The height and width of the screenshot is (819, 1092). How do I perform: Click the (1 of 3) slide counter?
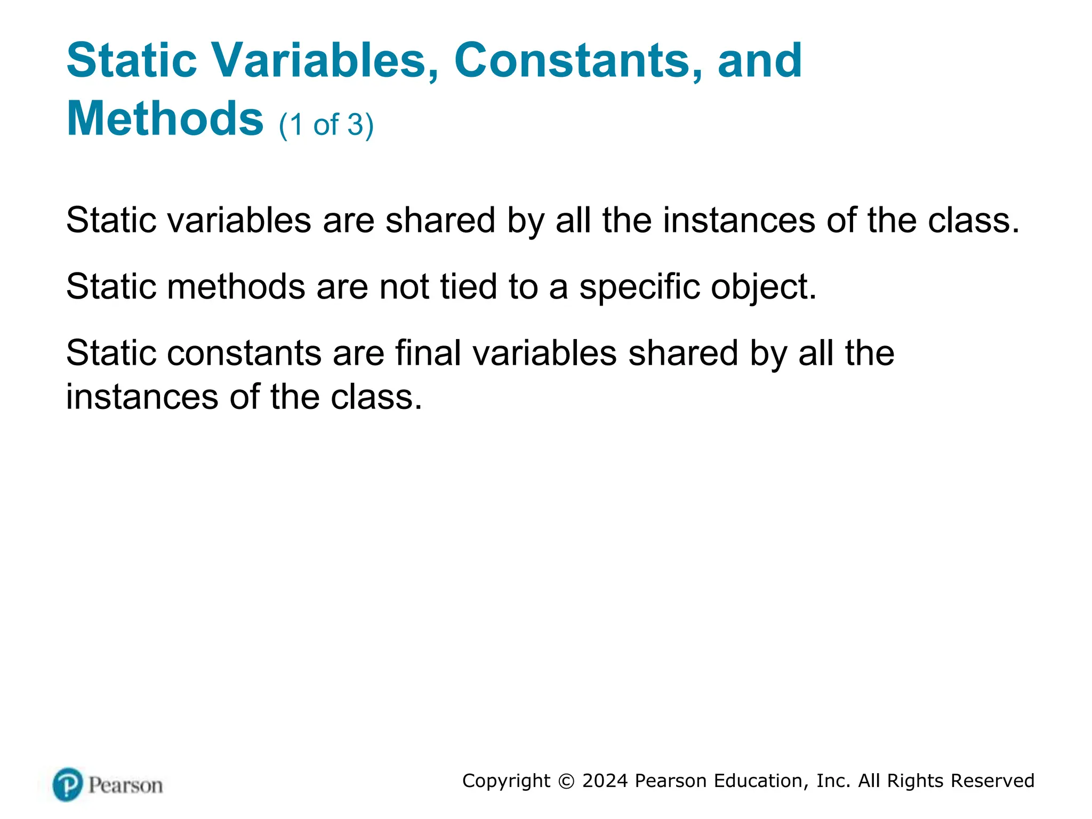(x=326, y=125)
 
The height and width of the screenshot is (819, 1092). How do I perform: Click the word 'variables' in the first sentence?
(x=239, y=220)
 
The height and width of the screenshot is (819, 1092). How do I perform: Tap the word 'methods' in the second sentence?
(x=236, y=286)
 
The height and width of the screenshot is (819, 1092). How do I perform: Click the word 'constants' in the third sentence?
(x=244, y=353)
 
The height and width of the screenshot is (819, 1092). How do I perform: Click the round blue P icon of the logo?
(x=68, y=784)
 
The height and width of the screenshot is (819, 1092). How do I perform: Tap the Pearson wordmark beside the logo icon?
(x=125, y=785)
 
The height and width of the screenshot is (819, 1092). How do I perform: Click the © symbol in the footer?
(x=566, y=781)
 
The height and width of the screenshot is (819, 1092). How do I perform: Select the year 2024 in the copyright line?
(x=605, y=781)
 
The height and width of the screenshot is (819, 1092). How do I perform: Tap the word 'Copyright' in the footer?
(x=506, y=781)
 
